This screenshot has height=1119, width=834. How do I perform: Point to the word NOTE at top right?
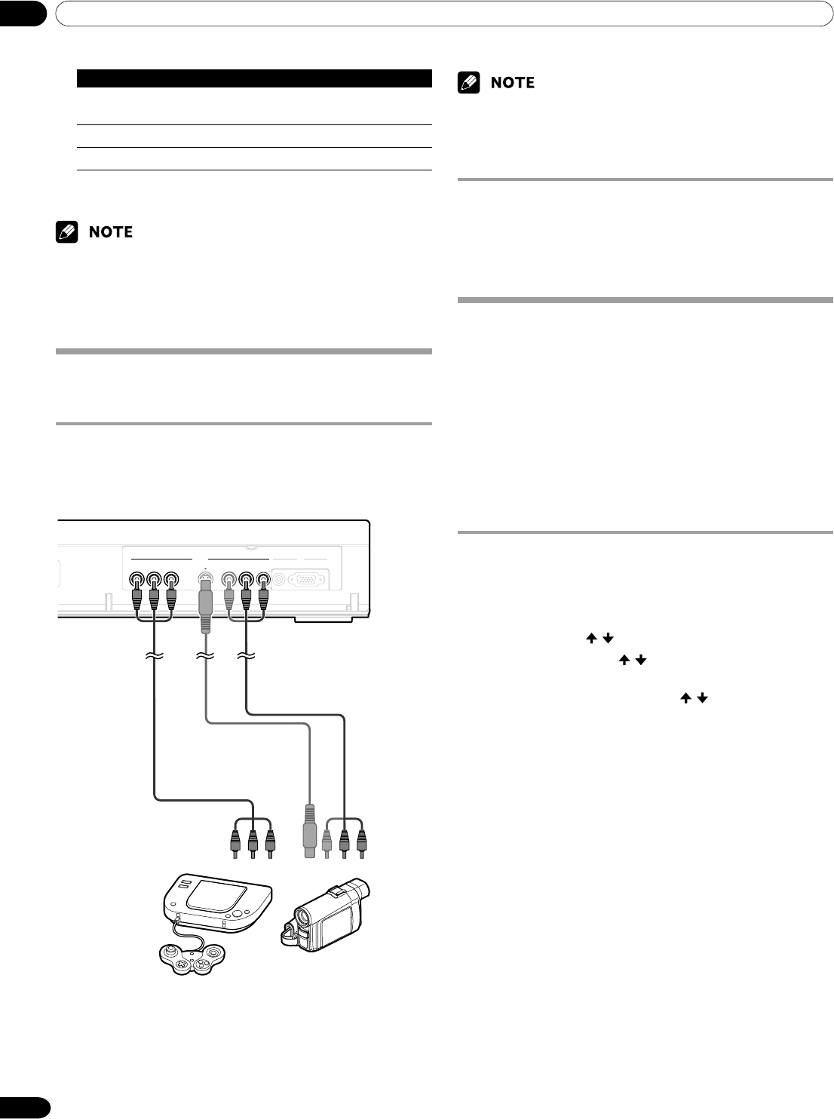pyautogui.click(x=512, y=82)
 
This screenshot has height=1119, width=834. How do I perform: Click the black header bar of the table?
pyautogui.click(x=254, y=77)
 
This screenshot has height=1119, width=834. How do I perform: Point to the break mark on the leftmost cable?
pyautogui.click(x=155, y=658)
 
